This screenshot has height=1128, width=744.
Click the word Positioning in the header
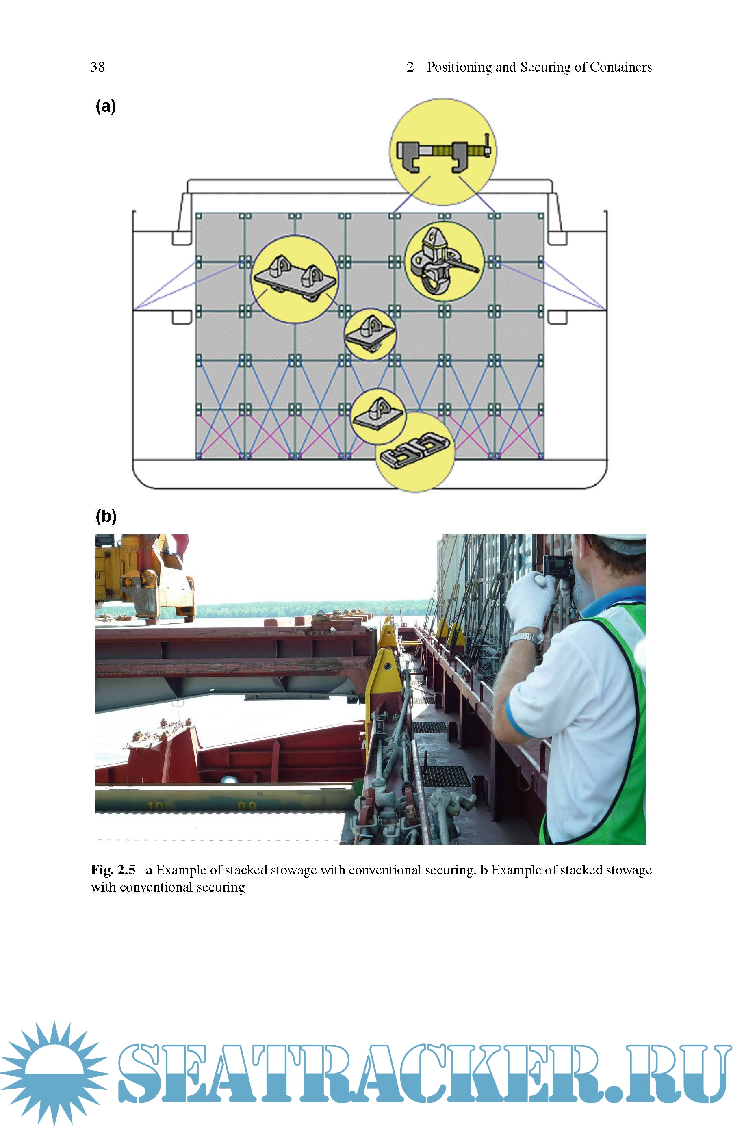(x=458, y=67)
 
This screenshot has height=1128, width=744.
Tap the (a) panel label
(x=105, y=106)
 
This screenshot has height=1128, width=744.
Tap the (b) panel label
(x=106, y=516)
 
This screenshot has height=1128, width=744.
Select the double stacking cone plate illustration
(x=295, y=279)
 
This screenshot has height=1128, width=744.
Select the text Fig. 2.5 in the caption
(x=113, y=870)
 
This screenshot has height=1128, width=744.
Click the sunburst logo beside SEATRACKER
(x=54, y=1074)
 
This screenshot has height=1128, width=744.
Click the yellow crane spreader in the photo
(x=145, y=579)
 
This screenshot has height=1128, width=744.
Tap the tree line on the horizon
(x=308, y=609)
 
